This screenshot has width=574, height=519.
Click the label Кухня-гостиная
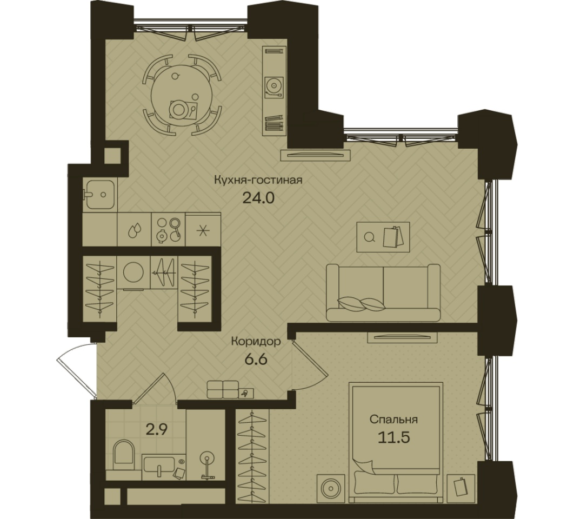pyautogui.click(x=258, y=180)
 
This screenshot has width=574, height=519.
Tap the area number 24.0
pyautogui.click(x=258, y=198)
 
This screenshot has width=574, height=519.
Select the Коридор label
pyautogui.click(x=256, y=342)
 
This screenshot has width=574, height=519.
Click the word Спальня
pyautogui.click(x=393, y=419)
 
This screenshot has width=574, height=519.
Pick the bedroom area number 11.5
pyautogui.click(x=393, y=437)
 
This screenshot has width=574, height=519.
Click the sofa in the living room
pyautogui.click(x=383, y=292)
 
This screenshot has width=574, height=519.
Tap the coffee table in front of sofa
pyautogui.click(x=383, y=237)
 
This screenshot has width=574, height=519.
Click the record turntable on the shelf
pyautogui.click(x=274, y=86)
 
